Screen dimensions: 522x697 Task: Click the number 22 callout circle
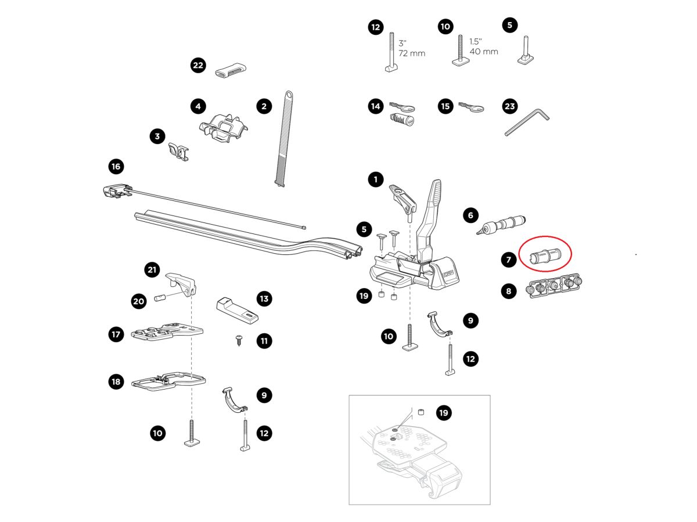click(x=198, y=66)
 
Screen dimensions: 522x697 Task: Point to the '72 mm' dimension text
click(x=412, y=53)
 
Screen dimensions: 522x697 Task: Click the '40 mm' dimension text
click(x=483, y=52)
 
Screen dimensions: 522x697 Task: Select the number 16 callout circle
click(x=116, y=167)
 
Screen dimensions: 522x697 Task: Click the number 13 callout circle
click(x=264, y=299)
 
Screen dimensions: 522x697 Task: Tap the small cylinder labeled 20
click(x=160, y=299)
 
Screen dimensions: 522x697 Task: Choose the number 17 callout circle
click(x=116, y=334)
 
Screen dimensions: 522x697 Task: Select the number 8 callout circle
click(x=509, y=291)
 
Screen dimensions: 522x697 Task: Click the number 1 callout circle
click(x=376, y=179)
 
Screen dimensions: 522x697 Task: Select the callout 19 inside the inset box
click(x=444, y=413)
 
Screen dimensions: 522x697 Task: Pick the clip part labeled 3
click(x=179, y=152)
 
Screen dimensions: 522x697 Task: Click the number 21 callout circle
click(x=152, y=269)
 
